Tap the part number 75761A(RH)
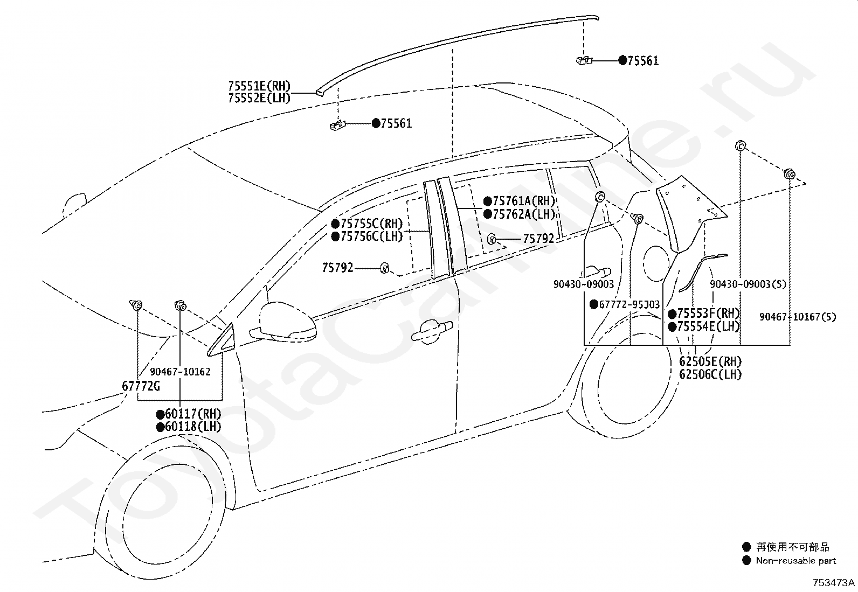pyautogui.click(x=520, y=201)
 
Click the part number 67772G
pyautogui.click(x=141, y=386)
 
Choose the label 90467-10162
pyautogui.click(x=180, y=372)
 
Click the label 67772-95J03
pyautogui.click(x=629, y=305)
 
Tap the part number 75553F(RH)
pyautogui.click(x=708, y=314)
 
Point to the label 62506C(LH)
pyautogui.click(x=710, y=374)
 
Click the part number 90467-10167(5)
pyautogui.click(x=798, y=317)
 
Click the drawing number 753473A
pyautogui.click(x=834, y=583)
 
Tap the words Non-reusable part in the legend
pyautogui.click(x=795, y=561)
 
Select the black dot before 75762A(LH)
pyautogui.click(x=487, y=214)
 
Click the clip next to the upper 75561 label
pyautogui.click(x=582, y=61)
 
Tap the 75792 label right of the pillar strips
pyautogui.click(x=538, y=239)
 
